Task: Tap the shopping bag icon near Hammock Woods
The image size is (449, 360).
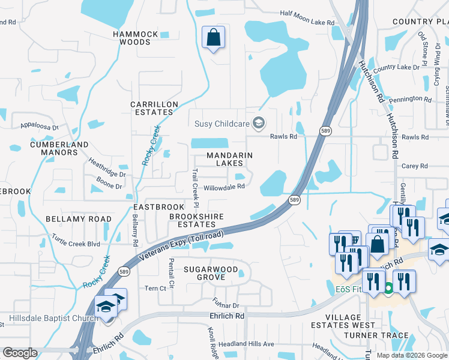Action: pyautogui.click(x=213, y=38)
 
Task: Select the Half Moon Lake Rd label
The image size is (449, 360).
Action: pyautogui.click(x=307, y=22)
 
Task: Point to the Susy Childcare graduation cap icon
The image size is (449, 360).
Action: pyautogui.click(x=259, y=124)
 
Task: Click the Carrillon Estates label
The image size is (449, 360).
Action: pyautogui.click(x=155, y=108)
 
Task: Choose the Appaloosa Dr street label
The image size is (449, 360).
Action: pyautogui.click(x=38, y=127)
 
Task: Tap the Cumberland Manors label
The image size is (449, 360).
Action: pyautogui.click(x=51, y=148)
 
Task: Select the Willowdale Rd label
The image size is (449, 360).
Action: pyautogui.click(x=224, y=187)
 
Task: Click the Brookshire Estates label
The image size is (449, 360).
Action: pyautogui.click(x=196, y=220)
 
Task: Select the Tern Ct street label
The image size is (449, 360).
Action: pyautogui.click(x=155, y=288)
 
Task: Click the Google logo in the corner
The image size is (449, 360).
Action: pyautogui.click(x=20, y=353)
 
